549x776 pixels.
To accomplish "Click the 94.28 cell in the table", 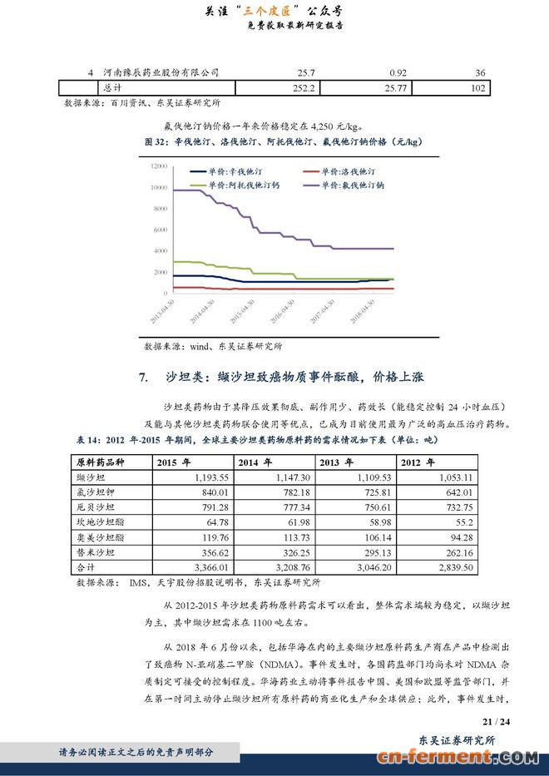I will pyautogui.click(x=457, y=537).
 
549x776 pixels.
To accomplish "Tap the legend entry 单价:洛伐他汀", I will pyautogui.click(x=342, y=171).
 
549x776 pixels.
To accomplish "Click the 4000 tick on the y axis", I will pyautogui.click(x=161, y=250).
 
